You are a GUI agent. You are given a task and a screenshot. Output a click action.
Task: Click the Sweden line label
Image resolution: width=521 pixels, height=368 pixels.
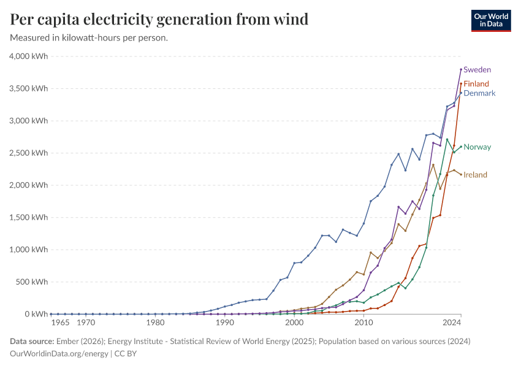pyautogui.click(x=477, y=70)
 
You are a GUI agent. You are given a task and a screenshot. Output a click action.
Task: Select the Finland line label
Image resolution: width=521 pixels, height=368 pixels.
pyautogui.click(x=476, y=84)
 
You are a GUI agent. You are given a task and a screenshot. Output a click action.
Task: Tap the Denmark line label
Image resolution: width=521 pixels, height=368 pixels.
pyautogui.click(x=479, y=93)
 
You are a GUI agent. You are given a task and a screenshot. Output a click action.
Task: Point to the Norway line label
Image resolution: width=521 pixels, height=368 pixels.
pyautogui.click(x=477, y=147)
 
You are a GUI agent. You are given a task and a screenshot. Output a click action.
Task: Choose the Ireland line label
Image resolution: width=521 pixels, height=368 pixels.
pyautogui.click(x=475, y=175)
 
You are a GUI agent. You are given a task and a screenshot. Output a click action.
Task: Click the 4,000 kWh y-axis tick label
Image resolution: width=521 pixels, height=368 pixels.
pyautogui.click(x=29, y=56)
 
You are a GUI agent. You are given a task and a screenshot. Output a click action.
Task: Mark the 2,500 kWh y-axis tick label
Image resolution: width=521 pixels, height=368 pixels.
pyautogui.click(x=29, y=153)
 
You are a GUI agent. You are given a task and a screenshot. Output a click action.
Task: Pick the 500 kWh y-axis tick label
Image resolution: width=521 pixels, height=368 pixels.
pyautogui.click(x=32, y=282)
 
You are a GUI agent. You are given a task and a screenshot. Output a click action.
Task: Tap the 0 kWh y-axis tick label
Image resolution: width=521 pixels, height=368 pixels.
pyautogui.click(x=36, y=314)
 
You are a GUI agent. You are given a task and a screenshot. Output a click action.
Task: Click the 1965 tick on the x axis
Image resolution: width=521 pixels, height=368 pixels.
pyautogui.click(x=60, y=323)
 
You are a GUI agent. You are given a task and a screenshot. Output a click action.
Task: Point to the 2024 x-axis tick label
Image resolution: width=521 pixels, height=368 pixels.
pyautogui.click(x=452, y=323)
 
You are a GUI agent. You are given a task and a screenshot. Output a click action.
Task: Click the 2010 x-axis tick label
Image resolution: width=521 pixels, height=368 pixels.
pyautogui.click(x=363, y=323)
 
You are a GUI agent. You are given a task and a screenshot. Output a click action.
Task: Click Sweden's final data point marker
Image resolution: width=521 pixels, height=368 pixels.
pyautogui.click(x=461, y=69)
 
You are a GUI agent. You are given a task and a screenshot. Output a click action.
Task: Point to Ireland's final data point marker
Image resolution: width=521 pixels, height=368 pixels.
pyautogui.click(x=461, y=175)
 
